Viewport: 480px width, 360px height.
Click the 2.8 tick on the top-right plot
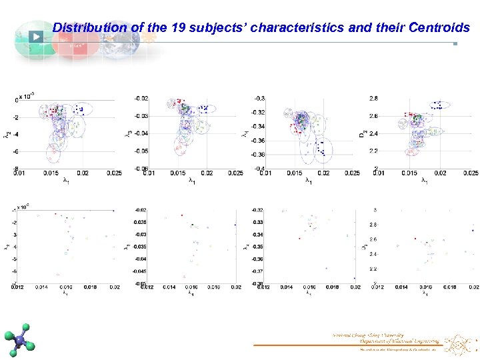pyautogui.click(x=374, y=99)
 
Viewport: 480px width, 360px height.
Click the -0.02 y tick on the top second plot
pyautogui.click(x=141, y=99)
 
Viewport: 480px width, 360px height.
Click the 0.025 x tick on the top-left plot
pyautogui.click(x=115, y=174)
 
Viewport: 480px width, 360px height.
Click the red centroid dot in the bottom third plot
pyautogui.click(x=299, y=238)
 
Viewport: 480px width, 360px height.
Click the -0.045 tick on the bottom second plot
pyautogui.click(x=139, y=271)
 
